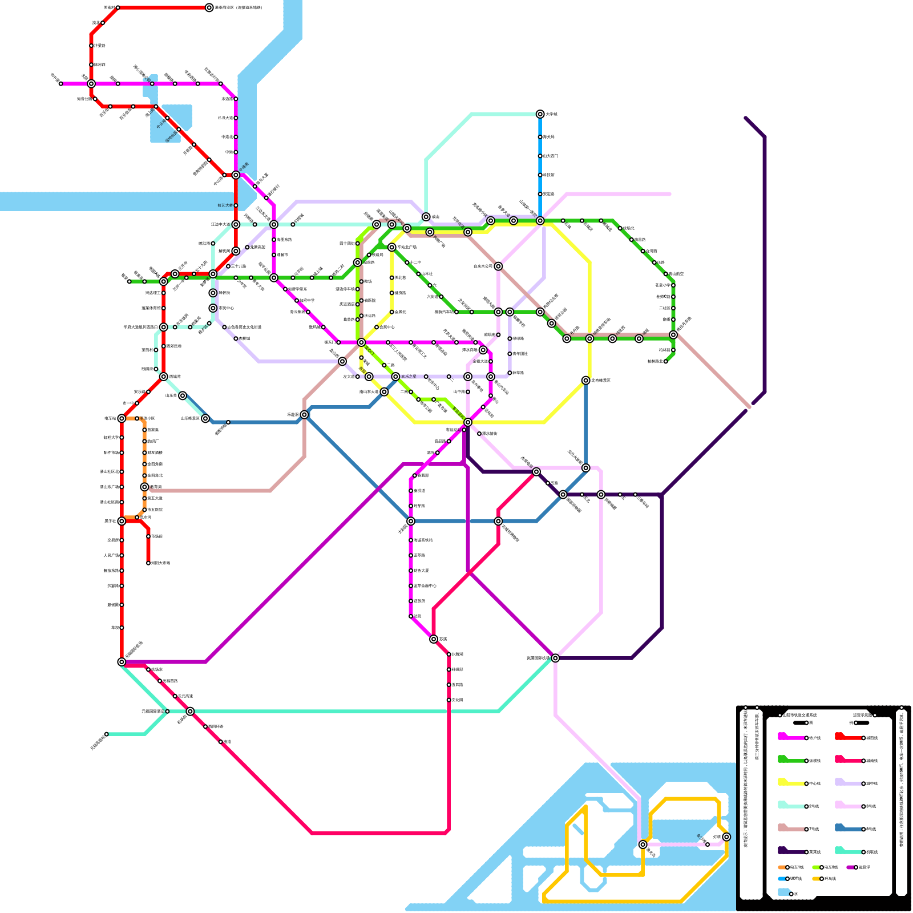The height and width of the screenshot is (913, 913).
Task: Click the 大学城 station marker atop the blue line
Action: click(x=540, y=114)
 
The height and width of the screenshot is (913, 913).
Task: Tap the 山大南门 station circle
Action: click(x=540, y=156)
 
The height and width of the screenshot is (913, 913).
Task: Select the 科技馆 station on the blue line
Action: click(x=540, y=175)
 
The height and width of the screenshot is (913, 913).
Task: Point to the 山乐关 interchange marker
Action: click(x=183, y=395)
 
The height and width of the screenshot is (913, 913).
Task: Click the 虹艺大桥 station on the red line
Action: click(x=236, y=205)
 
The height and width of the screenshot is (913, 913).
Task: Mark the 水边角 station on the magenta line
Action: click(x=236, y=99)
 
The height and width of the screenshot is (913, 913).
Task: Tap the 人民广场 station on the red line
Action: click(x=122, y=555)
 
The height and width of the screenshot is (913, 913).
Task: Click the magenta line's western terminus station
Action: click(x=61, y=84)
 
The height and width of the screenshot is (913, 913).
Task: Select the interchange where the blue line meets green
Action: click(x=540, y=221)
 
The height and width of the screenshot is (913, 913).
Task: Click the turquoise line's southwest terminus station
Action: click(x=107, y=734)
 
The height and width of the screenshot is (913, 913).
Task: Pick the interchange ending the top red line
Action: click(x=209, y=8)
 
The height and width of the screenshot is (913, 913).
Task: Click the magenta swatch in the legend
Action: click(x=790, y=737)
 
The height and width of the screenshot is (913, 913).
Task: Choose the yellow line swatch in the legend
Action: click(x=790, y=783)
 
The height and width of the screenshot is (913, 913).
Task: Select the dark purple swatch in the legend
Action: click(x=790, y=851)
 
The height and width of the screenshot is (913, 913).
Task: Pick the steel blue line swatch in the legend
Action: click(x=847, y=829)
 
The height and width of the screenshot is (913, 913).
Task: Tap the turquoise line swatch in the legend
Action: click(x=847, y=851)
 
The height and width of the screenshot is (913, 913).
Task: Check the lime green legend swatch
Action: click(x=816, y=867)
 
